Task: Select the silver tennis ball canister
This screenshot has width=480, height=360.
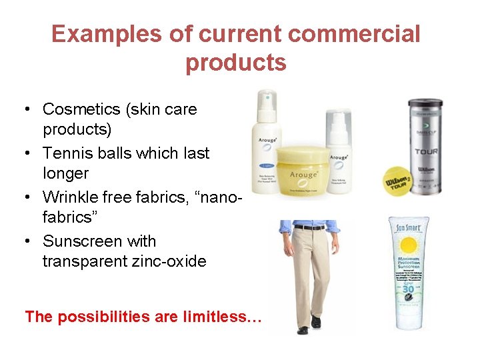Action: tap(425, 150)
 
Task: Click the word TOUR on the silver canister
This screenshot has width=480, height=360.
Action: tap(425, 151)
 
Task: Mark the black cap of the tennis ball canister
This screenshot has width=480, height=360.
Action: tap(425, 104)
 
